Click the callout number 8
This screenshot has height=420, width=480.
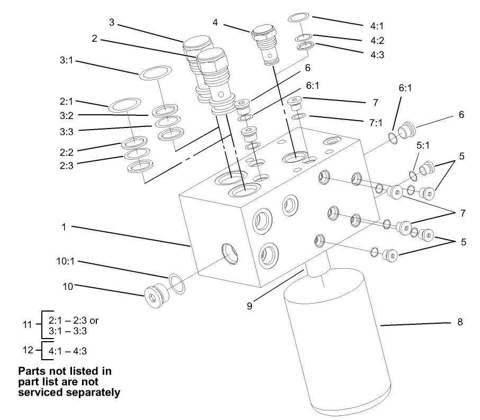(459, 322)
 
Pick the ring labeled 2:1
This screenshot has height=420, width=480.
(125, 105)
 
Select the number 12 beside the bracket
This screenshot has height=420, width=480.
(30, 350)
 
